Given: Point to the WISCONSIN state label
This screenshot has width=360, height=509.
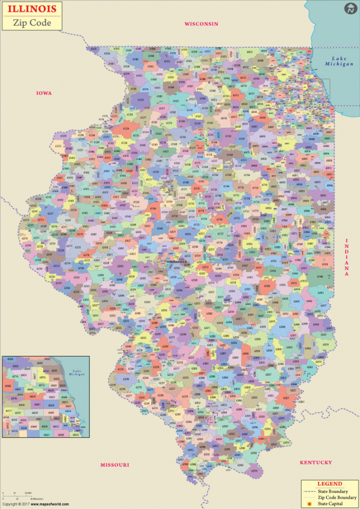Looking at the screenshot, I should click(x=201, y=23).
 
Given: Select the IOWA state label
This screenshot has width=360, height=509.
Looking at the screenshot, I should click(x=44, y=93).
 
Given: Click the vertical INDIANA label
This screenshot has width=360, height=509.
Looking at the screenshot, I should click(x=348, y=257).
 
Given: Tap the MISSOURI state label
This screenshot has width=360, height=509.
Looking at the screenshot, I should click(x=114, y=465).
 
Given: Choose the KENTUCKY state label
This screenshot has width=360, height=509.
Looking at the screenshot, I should click(x=316, y=462).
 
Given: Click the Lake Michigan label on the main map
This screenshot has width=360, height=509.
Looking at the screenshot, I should click(x=340, y=61).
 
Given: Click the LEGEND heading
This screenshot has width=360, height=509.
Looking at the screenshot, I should click(x=329, y=483).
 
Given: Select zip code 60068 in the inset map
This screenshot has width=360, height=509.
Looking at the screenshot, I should click(x=8, y=386).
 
